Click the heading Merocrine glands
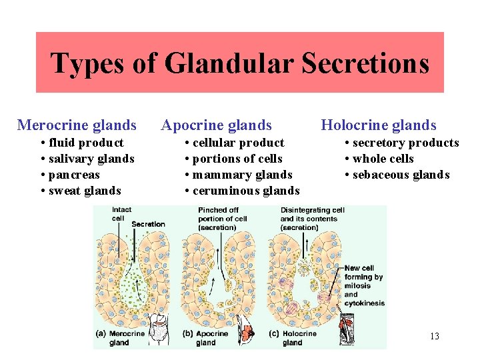tap(77, 125)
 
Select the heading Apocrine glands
tap(217, 125)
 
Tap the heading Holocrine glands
tap(379, 125)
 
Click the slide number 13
tap(434, 336)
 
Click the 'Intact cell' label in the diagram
tap(121, 214)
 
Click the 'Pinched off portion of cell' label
tap(223, 219)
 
